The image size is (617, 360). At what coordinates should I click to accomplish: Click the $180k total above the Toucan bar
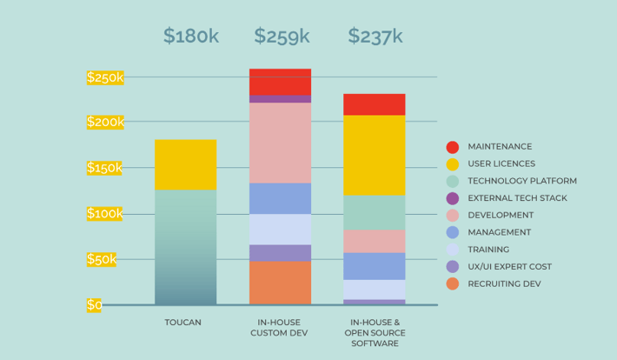[x=192, y=36]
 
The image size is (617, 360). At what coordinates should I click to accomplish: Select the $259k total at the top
[x=282, y=36]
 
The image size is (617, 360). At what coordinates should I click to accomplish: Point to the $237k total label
[x=375, y=36]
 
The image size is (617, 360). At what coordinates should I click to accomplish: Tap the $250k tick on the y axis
[x=105, y=77]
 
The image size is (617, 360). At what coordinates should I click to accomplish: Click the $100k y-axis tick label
[x=105, y=213]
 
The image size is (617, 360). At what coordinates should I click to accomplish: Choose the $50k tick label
[x=102, y=259]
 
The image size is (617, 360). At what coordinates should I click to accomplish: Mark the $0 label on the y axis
[x=94, y=304]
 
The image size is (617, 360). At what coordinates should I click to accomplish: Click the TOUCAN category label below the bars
[x=183, y=322]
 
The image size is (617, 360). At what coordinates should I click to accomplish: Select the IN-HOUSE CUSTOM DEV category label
[x=280, y=327]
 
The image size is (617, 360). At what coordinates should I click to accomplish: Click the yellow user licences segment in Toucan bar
[x=186, y=164]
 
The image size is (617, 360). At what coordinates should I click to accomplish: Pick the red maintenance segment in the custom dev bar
[x=280, y=82]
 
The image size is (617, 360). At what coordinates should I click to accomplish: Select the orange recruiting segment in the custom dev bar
[x=280, y=283]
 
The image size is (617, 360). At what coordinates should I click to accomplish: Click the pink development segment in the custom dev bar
[x=280, y=143]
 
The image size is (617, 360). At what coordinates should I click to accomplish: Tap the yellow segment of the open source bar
[x=374, y=155]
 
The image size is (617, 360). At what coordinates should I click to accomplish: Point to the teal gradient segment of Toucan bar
[x=186, y=247]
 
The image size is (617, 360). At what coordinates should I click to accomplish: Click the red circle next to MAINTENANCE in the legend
[x=452, y=147]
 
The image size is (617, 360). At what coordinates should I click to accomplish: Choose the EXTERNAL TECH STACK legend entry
[x=517, y=198]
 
